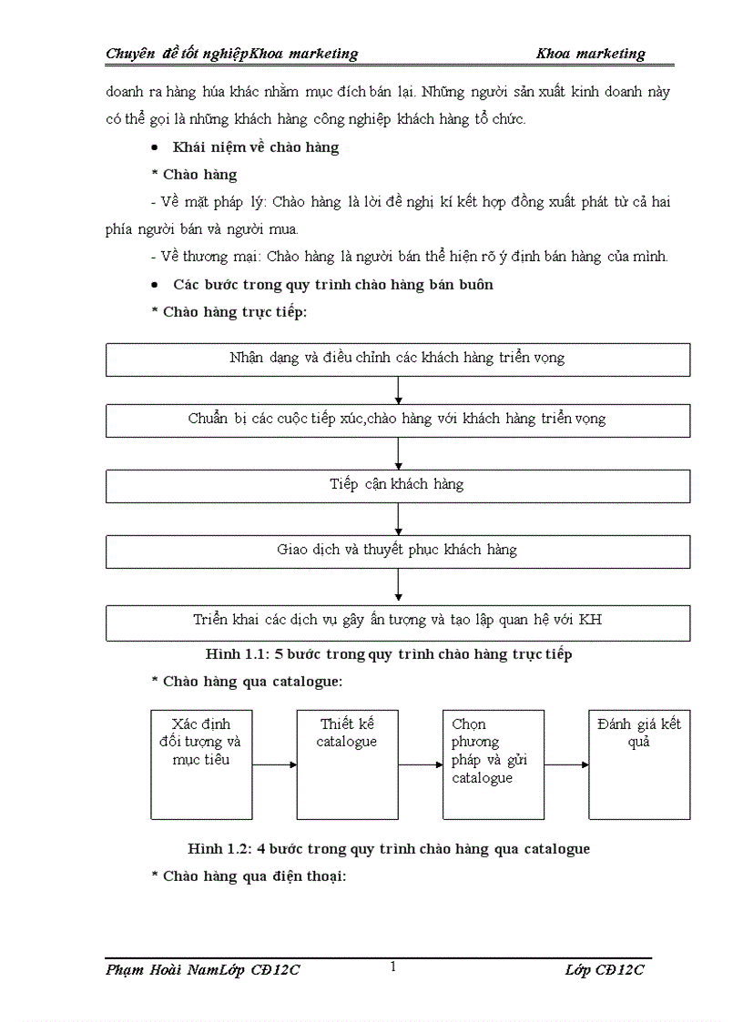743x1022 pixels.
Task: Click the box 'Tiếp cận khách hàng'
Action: point(398,485)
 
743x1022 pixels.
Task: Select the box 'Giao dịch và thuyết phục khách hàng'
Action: point(398,551)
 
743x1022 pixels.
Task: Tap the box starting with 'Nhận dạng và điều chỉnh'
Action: point(398,359)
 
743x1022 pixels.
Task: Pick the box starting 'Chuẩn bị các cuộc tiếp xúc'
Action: point(398,420)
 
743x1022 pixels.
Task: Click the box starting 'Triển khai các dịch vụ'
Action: point(398,621)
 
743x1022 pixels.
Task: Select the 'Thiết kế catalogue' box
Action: point(347,764)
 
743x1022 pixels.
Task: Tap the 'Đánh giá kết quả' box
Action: point(639,764)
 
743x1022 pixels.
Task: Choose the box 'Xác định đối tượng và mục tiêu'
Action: point(200,764)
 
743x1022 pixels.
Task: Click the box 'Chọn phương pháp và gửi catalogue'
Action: point(493,764)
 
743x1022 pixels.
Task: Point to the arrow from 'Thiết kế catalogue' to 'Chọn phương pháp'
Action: point(420,764)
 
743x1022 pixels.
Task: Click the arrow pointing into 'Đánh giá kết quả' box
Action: point(566,764)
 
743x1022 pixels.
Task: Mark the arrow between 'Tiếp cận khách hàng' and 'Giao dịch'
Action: point(399,519)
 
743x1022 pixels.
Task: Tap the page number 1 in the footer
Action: point(392,967)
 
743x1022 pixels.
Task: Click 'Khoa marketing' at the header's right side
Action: point(590,54)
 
